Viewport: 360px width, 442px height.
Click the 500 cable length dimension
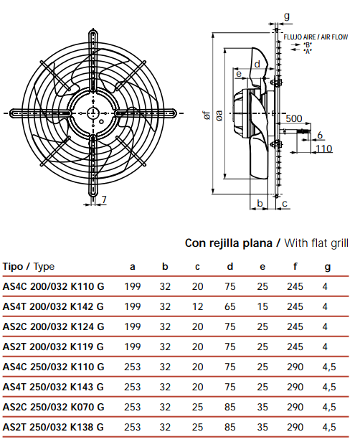click(x=294, y=118)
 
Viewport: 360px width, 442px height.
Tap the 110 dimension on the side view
click(x=324, y=149)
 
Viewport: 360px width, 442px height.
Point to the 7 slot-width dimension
click(x=104, y=199)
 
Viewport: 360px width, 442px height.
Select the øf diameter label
click(x=207, y=116)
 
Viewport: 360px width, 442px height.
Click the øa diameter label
click(x=219, y=116)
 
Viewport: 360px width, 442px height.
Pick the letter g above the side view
click(x=286, y=17)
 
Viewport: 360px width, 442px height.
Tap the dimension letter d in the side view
click(x=257, y=65)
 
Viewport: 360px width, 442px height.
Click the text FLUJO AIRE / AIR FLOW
click(x=316, y=37)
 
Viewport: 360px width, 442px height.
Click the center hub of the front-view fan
click(x=93, y=113)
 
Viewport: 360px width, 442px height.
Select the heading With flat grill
click(x=316, y=243)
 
